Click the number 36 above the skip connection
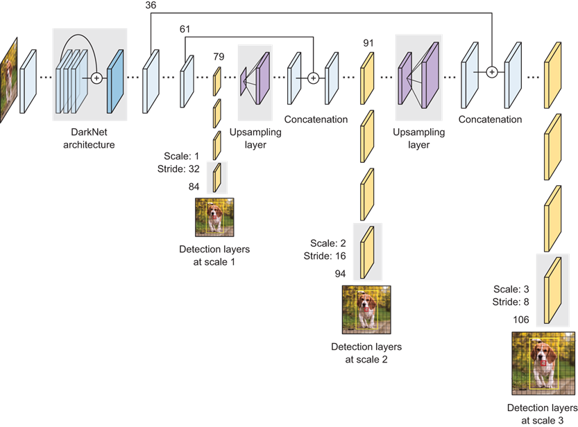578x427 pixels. coord(151,5)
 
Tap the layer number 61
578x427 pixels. coord(185,29)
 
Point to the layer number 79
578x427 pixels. coord(219,57)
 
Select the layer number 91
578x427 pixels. coord(368,43)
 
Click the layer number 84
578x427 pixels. coord(194,187)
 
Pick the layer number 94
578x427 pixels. coord(340,274)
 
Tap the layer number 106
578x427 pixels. coord(521,320)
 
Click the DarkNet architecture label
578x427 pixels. coord(89,139)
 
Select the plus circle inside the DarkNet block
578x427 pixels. coord(96,78)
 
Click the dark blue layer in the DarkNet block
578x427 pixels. coord(115,81)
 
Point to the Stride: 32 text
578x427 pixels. coord(178,169)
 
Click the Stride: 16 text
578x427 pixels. coord(325,256)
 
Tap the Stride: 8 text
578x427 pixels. coord(511,302)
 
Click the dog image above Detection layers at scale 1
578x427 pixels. coord(214,217)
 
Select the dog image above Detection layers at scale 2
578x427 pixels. coord(366,310)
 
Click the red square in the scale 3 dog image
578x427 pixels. coord(543,363)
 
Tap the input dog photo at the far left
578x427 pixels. coord(9,80)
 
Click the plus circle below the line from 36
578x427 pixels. coord(492,72)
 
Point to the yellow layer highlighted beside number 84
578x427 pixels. coord(217,177)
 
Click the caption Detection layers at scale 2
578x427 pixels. coord(366,353)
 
